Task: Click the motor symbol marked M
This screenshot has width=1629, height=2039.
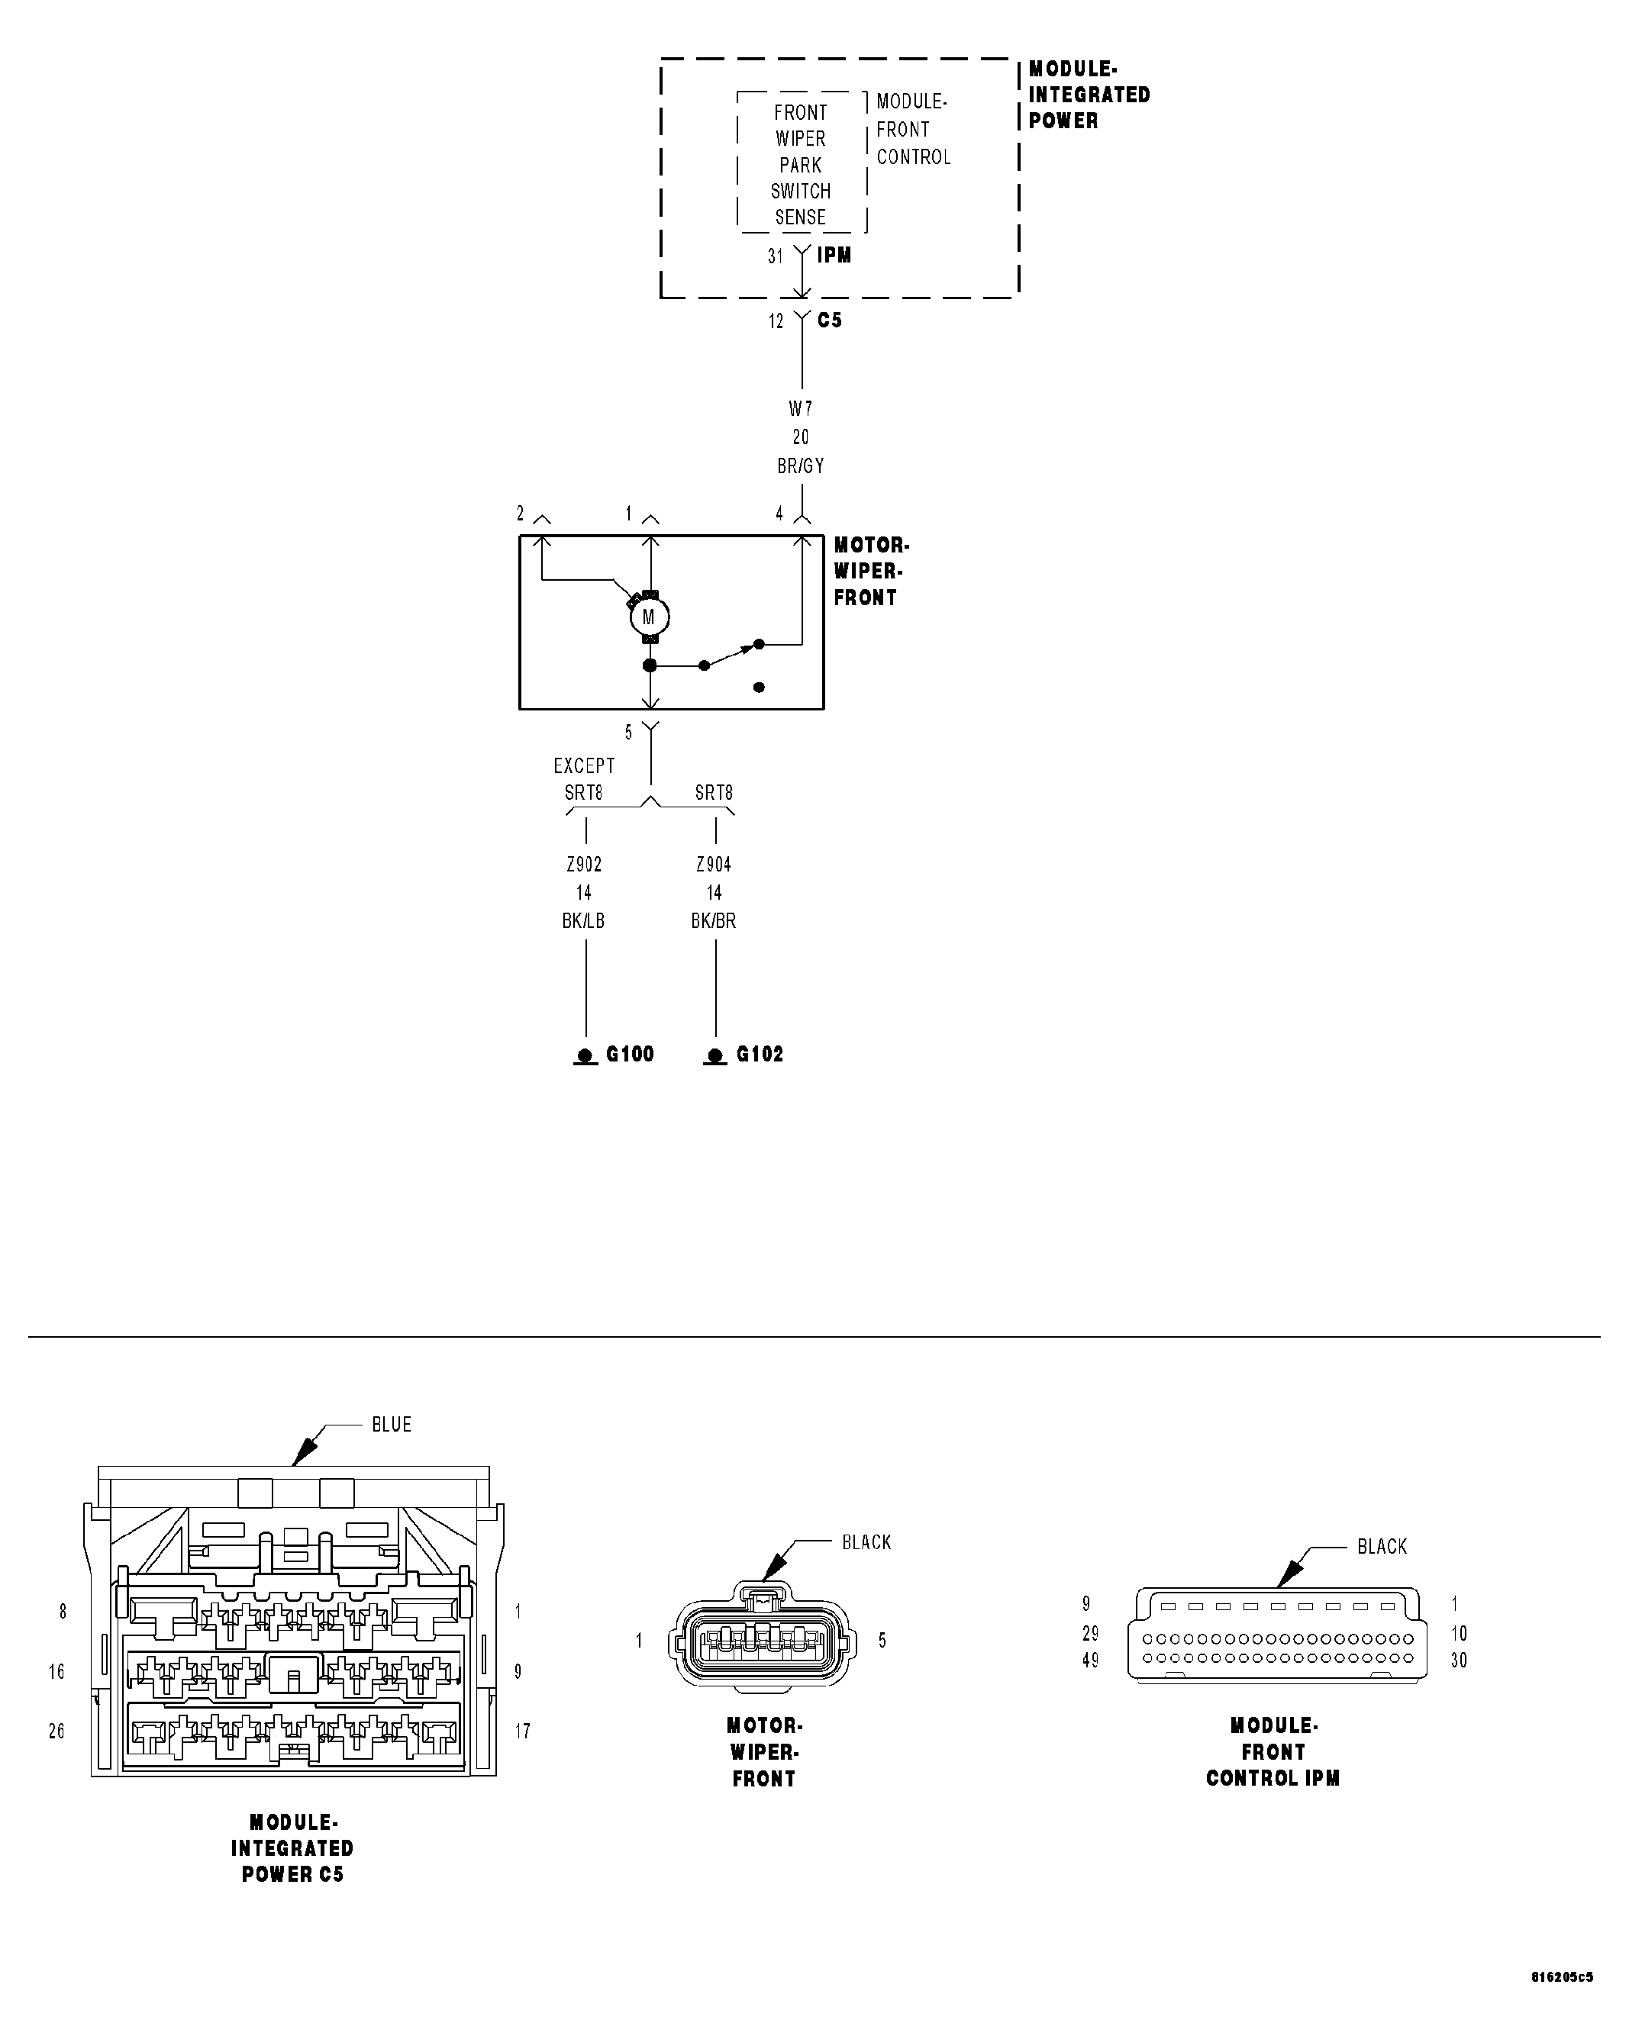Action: pyautogui.click(x=649, y=617)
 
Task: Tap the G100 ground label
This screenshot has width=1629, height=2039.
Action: pyautogui.click(x=629, y=1054)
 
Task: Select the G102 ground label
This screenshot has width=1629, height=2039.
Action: pyautogui.click(x=760, y=1054)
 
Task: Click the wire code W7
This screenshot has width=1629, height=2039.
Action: pyautogui.click(x=800, y=408)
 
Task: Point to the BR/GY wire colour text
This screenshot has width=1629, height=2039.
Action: pyautogui.click(x=800, y=465)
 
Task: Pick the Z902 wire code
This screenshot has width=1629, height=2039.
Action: pyautogui.click(x=584, y=864)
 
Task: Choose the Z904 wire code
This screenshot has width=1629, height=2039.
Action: pyautogui.click(x=713, y=864)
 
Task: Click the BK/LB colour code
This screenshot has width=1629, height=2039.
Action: pyautogui.click(x=584, y=920)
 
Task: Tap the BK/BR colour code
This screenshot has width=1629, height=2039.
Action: pyautogui.click(x=713, y=920)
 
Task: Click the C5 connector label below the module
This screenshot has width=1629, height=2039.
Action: pyautogui.click(x=830, y=320)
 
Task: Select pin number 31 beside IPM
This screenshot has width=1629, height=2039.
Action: pyautogui.click(x=776, y=256)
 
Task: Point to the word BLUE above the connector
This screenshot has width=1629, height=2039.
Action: pyautogui.click(x=392, y=1424)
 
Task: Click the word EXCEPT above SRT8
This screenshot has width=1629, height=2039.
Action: pyautogui.click(x=584, y=765)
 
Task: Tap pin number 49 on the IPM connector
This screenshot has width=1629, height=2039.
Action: pyautogui.click(x=1090, y=1660)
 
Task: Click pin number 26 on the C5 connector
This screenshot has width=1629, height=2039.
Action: pyautogui.click(x=56, y=1731)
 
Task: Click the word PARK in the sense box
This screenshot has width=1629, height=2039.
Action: pyautogui.click(x=800, y=165)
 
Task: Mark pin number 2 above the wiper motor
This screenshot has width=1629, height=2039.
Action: pyautogui.click(x=521, y=514)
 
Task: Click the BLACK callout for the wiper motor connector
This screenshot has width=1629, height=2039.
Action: pyautogui.click(x=866, y=1541)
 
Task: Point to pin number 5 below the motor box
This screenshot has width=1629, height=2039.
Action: pyautogui.click(x=628, y=732)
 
